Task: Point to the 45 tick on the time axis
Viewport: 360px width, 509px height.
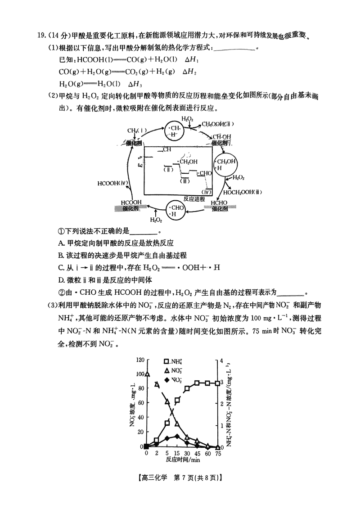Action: pos(197,453)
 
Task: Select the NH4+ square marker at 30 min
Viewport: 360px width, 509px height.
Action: pos(187,388)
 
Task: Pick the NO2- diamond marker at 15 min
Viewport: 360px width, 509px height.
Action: pos(177,436)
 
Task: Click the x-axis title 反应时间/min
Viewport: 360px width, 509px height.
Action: pos(182,460)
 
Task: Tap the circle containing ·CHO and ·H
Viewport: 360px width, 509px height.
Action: pos(175,210)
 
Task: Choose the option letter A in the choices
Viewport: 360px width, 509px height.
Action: pos(61,243)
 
